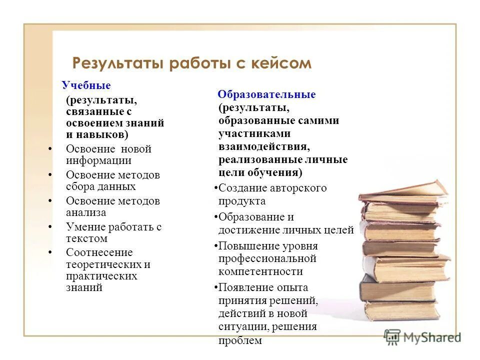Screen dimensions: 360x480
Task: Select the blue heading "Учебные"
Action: tap(86, 85)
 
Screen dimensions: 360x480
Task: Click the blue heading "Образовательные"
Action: tap(267, 95)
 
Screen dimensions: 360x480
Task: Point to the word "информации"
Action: tap(98, 160)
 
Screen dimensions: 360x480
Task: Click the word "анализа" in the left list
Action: tap(86, 212)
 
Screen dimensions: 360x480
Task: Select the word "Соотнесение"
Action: tap(99, 252)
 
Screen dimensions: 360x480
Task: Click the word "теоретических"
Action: tap(104, 264)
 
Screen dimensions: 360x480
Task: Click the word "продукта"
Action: tap(242, 201)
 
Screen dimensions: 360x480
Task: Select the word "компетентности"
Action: tap(260, 271)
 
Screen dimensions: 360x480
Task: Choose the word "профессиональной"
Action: tap(267, 259)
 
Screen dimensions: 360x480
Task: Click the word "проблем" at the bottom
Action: tap(240, 341)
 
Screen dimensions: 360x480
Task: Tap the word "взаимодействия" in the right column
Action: tap(264, 146)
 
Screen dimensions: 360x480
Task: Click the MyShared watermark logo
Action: tap(422, 336)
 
